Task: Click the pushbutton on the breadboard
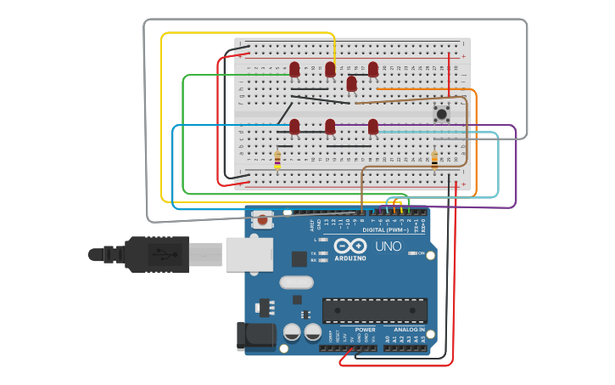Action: [441, 115]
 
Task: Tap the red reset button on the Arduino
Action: [262, 220]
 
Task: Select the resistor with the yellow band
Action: [277, 159]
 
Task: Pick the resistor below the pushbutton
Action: [435, 158]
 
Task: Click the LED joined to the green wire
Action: [294, 70]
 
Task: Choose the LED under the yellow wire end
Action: [330, 70]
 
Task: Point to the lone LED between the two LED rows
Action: [351, 84]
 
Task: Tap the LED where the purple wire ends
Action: [372, 127]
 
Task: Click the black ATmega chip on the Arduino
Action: [374, 310]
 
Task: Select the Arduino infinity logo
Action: [349, 246]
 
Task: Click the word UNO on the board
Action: [388, 246]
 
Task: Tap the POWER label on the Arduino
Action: [365, 329]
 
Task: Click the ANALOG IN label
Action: [409, 329]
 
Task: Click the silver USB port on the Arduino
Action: [249, 254]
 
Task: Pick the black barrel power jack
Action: [256, 336]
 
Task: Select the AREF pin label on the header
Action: [311, 225]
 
